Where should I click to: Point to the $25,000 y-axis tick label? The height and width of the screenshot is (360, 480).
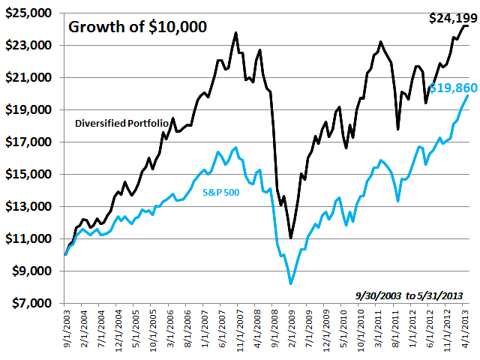[x=31, y=13]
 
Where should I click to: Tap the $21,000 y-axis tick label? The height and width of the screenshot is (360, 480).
[x=31, y=78]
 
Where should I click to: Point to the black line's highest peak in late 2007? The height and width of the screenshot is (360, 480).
[x=236, y=33]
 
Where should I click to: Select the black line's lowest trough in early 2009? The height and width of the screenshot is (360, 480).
[x=291, y=238]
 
